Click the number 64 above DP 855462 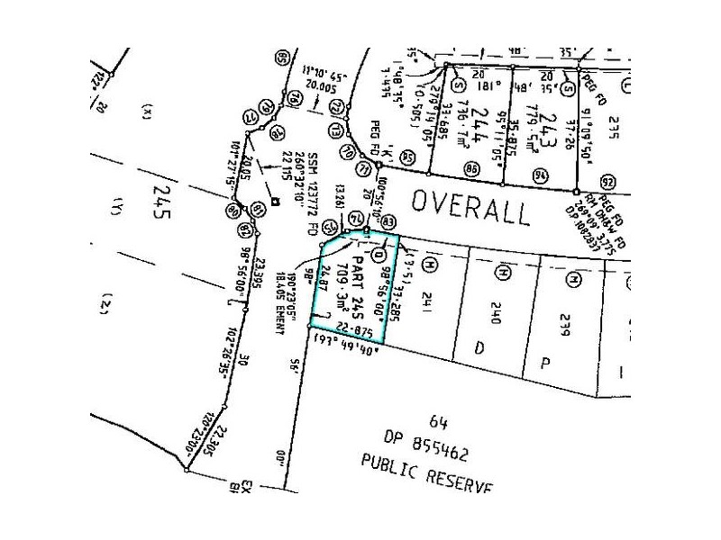[439, 420]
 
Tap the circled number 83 [388, 221]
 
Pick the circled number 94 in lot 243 [540, 175]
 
